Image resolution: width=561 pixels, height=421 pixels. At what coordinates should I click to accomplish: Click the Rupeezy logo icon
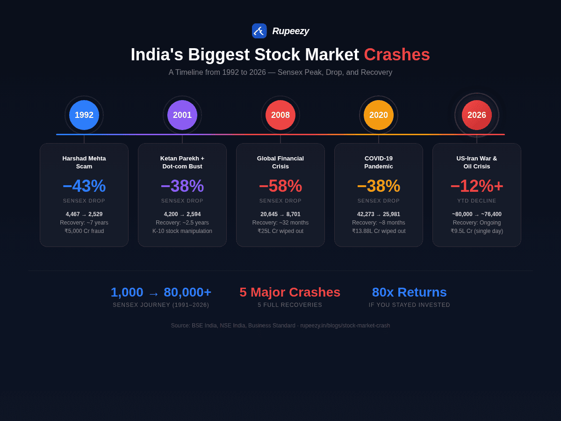coord(259,31)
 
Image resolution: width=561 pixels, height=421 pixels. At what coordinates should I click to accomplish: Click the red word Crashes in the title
coord(396,55)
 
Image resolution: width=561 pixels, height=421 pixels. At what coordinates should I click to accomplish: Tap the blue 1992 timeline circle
coord(84,115)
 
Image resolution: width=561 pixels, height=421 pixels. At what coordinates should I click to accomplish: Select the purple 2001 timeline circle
coord(182,115)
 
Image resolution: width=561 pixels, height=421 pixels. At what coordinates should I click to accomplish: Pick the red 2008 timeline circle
coord(280,115)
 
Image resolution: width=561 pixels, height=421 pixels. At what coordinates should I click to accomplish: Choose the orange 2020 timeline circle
coord(379,115)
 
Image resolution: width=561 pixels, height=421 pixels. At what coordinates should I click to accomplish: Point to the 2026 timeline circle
coord(477,115)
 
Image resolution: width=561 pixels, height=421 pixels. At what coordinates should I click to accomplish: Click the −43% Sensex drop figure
coord(84,186)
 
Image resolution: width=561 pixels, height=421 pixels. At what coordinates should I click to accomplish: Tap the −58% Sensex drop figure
coord(280,186)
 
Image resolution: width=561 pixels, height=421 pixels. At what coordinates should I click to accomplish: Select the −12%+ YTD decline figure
coord(477,186)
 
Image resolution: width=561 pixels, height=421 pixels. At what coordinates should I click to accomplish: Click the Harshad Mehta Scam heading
coord(84,162)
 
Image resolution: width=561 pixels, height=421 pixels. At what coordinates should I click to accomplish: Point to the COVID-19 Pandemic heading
coord(379,162)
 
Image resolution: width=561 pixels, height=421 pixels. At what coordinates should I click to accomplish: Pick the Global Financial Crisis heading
coord(280,162)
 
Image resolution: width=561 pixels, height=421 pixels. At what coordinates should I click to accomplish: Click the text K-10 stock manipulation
coord(182,231)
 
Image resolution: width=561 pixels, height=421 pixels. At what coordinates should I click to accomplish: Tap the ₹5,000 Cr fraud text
coord(84,231)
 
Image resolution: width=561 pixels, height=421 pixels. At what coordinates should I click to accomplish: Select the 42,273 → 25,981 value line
coord(379,214)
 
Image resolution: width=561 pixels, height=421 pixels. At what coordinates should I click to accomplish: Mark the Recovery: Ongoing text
coord(477,223)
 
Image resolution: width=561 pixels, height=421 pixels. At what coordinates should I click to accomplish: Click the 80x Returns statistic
coord(409,292)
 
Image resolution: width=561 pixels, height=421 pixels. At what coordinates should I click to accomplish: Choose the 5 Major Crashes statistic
coord(290,292)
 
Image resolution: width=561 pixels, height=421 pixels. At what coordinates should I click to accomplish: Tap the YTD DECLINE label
coord(477,201)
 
